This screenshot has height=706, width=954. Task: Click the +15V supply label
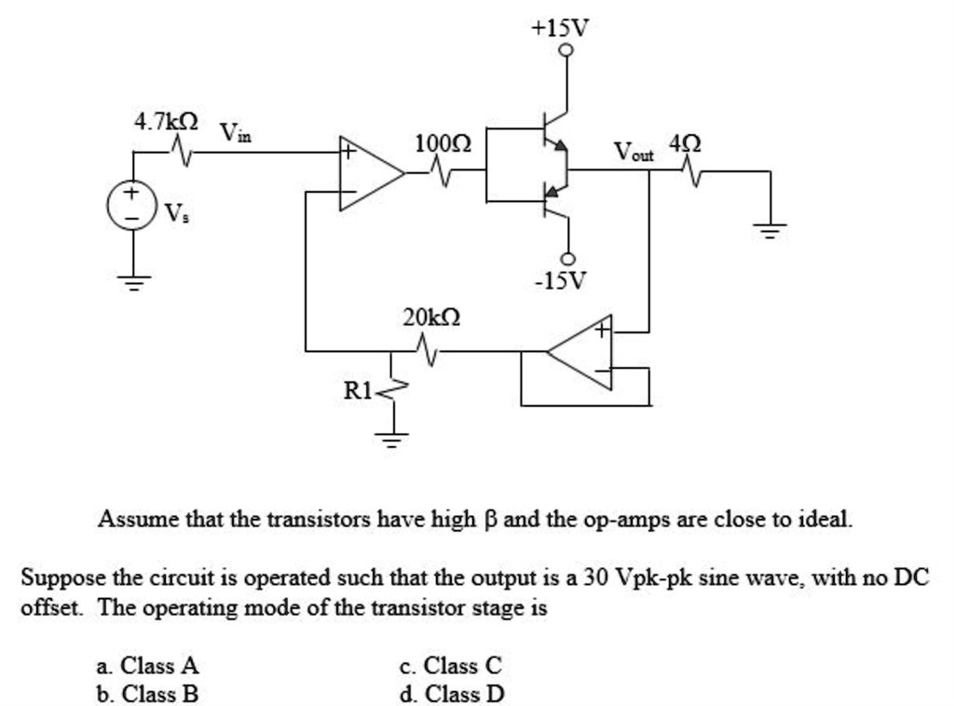coord(560,28)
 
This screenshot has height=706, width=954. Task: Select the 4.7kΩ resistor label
coord(166,122)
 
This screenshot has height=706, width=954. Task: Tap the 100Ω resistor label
coord(443,143)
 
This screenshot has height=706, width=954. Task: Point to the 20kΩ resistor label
coord(430,319)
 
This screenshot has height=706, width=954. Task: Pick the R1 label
coord(358,389)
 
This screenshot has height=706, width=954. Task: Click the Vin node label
coord(235,132)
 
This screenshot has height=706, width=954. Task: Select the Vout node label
coord(634,151)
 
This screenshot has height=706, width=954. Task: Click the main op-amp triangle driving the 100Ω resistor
coord(367,173)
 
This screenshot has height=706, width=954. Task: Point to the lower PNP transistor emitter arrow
coord(554,192)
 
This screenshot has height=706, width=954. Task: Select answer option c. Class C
coord(450,666)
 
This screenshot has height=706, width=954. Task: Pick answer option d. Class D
coord(451,694)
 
